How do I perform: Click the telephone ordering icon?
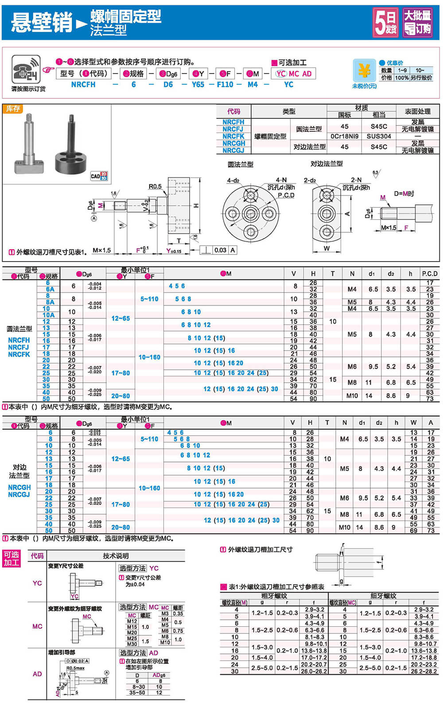point(26,70)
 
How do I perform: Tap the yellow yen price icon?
point(364,71)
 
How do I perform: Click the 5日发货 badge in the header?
point(385,22)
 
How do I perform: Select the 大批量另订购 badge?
point(417,22)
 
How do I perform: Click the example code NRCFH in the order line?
point(83,84)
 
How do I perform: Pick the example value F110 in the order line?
point(225,84)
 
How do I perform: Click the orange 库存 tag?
point(12,109)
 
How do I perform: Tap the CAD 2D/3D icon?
point(99,176)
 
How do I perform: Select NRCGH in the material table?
point(233,143)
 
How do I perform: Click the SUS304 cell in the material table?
point(379,136)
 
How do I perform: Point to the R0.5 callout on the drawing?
point(155,187)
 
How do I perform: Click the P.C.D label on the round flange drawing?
point(286,195)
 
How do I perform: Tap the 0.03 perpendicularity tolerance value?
point(220,250)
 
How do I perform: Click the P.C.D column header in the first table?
point(429,274)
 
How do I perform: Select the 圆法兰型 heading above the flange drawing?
point(241,164)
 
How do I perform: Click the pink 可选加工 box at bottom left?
point(12,559)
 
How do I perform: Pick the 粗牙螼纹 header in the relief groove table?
point(274,596)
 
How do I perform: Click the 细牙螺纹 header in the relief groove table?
point(383,596)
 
